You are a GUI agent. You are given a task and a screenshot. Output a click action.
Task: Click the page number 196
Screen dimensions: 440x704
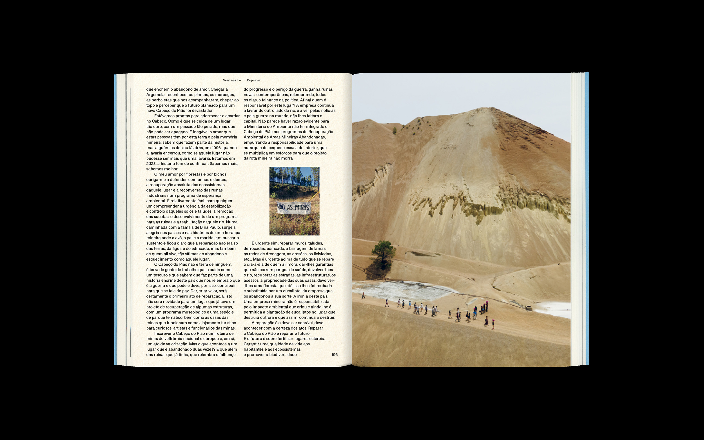[334, 355]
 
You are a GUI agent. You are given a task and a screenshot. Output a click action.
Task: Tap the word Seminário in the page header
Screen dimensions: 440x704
[232, 80]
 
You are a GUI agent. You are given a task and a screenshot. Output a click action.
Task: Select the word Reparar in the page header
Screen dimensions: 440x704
[254, 80]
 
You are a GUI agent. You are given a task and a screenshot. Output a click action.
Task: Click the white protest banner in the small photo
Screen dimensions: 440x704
[294, 208]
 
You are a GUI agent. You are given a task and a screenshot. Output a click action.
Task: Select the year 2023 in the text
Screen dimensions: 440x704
[151, 164]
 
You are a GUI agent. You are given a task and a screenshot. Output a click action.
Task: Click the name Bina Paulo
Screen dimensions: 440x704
[210, 228]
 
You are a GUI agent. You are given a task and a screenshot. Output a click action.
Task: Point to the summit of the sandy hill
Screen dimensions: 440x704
[491, 108]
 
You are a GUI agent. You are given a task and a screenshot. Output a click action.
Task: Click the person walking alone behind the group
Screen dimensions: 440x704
[363, 296]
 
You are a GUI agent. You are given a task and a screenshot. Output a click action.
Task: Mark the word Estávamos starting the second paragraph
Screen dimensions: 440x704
[164, 116]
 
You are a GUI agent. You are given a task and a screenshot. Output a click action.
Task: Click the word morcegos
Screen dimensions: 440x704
[226, 95]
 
